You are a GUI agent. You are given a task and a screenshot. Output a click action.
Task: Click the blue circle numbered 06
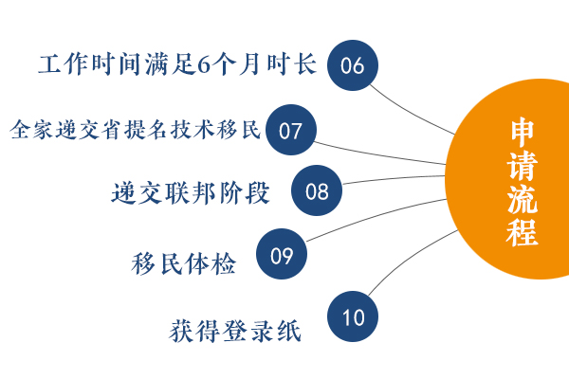pyautogui.click(x=353, y=65)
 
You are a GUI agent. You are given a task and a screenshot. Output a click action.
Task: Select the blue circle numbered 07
pyautogui.click(x=291, y=130)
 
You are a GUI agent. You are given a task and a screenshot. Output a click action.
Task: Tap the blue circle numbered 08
pyautogui.click(x=317, y=190)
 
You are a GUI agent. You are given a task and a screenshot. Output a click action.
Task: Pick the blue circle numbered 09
pyautogui.click(x=282, y=254)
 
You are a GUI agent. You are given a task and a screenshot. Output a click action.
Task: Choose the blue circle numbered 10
pyautogui.click(x=353, y=316)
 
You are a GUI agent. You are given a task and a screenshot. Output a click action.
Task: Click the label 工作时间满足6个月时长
pyautogui.click(x=177, y=64)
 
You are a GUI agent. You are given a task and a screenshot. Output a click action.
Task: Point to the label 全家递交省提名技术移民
pyautogui.click(x=136, y=130)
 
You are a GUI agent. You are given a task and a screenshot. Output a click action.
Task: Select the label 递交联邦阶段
pyautogui.click(x=191, y=192)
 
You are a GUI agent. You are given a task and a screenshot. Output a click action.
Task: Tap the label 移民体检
pyautogui.click(x=184, y=263)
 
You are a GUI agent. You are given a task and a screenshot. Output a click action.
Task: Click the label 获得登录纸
pyautogui.click(x=235, y=331)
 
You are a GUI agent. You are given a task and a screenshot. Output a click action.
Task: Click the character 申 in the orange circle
pyautogui.click(x=523, y=131)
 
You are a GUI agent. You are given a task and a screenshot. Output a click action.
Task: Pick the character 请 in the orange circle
pyautogui.click(x=523, y=165)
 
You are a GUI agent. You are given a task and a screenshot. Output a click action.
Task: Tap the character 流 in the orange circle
pyautogui.click(x=523, y=199)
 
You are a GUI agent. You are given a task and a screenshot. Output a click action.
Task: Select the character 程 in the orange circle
pyautogui.click(x=523, y=232)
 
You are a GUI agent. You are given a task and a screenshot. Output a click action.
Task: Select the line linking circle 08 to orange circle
pyautogui.click(x=394, y=178)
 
